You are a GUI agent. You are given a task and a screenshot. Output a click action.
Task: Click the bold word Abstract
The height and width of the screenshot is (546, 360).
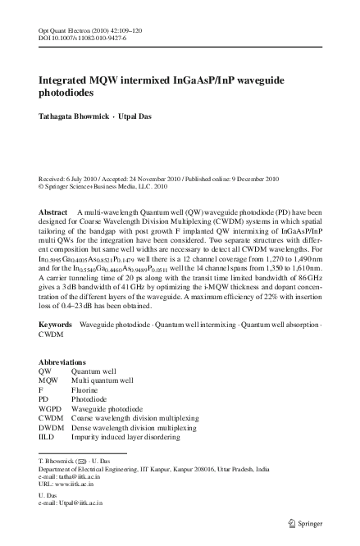click(x=53, y=212)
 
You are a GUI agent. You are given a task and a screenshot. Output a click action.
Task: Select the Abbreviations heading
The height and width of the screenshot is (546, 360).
click(x=62, y=384)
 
